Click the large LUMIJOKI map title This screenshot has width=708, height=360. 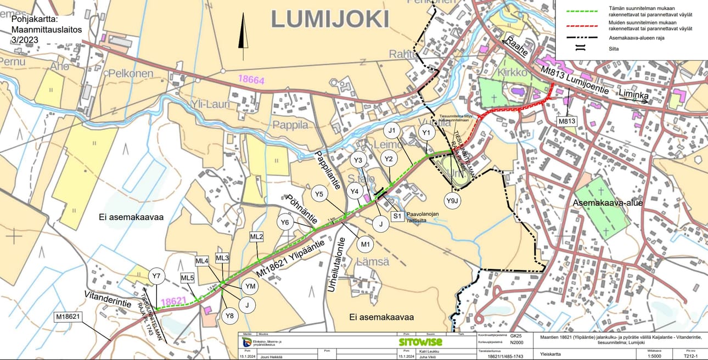pyautogui.click(x=330, y=19)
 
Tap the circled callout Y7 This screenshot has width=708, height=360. pyautogui.click(x=156, y=275)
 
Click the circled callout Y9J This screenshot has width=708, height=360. pyautogui.click(x=452, y=201)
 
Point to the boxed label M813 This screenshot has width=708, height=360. pyautogui.click(x=566, y=121)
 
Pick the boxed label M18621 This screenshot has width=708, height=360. pyautogui.click(x=68, y=317)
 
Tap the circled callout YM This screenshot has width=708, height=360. pyautogui.click(x=250, y=286)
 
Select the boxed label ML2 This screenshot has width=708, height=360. pyautogui.click(x=257, y=237)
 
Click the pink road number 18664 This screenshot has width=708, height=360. pyautogui.click(x=251, y=80)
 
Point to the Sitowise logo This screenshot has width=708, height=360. pyautogui.click(x=420, y=342)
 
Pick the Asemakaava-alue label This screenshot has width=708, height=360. pyautogui.click(x=608, y=203)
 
